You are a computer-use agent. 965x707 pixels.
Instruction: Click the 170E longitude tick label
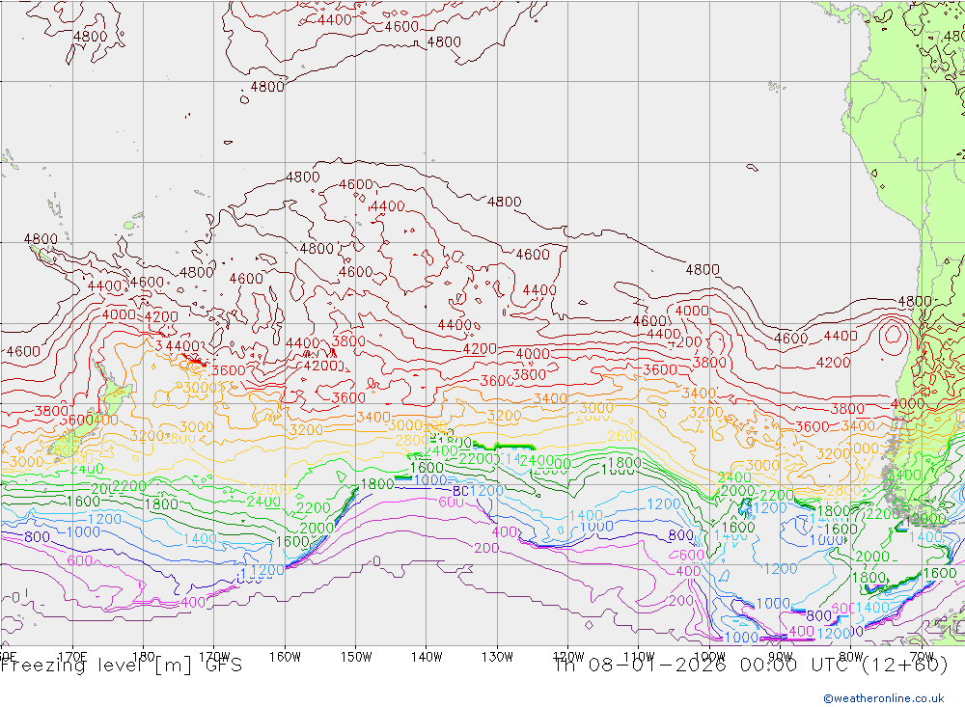pos(73,657)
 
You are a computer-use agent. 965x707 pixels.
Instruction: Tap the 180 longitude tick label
pos(143,657)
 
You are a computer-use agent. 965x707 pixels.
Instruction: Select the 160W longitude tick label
pos(285,657)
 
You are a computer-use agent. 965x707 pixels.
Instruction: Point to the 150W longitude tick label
pos(355,657)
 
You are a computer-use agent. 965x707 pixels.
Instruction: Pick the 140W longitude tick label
pos(426,657)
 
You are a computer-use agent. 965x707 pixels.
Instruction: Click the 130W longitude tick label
pos(496,657)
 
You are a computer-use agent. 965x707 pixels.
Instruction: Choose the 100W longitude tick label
pos(708,657)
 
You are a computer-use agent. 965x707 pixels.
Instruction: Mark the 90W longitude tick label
pos(779,657)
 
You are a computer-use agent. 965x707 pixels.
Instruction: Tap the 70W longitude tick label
pos(920,657)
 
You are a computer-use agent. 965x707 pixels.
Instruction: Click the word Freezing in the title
pos(40,665)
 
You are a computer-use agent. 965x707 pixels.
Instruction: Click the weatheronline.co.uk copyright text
pos(884,697)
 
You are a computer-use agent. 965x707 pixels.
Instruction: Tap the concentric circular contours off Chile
pos(894,335)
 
